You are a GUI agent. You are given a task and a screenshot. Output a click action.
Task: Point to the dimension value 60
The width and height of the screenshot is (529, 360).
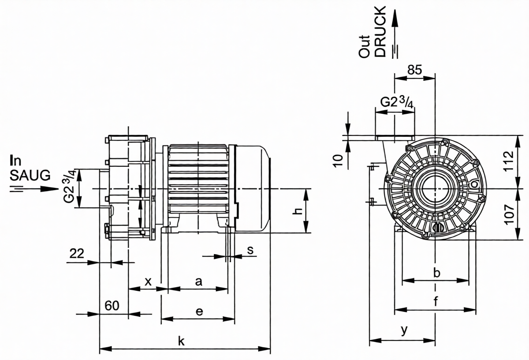112,305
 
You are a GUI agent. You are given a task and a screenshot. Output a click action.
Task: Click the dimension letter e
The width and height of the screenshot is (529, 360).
199,311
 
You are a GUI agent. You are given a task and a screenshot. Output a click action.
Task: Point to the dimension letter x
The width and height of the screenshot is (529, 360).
148,281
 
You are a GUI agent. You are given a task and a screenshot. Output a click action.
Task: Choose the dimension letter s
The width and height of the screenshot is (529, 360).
250,250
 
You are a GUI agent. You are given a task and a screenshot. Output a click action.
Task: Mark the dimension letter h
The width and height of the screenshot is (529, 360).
298,211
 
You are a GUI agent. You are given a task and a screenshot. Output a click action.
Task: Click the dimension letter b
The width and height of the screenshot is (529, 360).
436,273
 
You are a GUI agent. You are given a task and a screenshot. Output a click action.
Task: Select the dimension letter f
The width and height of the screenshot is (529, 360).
436,302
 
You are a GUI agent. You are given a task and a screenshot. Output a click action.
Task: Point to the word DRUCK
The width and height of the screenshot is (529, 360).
380,32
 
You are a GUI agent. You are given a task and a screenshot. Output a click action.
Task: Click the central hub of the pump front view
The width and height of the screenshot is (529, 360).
435,188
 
